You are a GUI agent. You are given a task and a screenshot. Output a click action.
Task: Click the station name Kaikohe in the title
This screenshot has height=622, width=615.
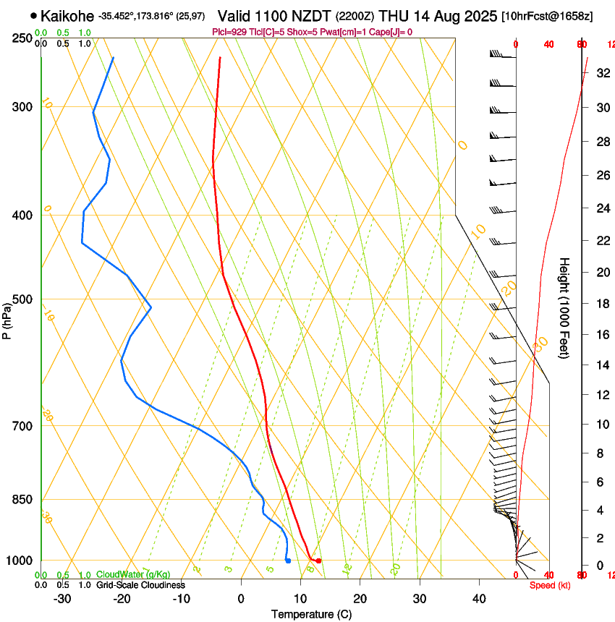[67, 15]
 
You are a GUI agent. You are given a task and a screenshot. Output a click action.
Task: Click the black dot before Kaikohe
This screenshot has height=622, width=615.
[34, 15]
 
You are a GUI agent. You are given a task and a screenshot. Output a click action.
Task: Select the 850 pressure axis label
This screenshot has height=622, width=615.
[22, 499]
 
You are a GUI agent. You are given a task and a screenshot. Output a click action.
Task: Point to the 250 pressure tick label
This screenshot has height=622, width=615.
[22, 38]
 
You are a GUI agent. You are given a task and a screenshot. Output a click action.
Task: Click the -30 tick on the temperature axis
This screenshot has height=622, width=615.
[62, 599]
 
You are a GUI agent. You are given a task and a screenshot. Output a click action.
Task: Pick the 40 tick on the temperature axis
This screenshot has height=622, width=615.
[479, 599]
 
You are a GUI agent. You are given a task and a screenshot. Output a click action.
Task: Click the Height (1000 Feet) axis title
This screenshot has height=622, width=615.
[564, 307]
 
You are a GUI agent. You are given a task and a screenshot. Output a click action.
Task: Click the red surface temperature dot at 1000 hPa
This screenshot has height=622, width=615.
[318, 561]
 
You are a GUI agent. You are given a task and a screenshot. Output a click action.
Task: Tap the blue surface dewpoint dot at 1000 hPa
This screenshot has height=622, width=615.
[288, 561]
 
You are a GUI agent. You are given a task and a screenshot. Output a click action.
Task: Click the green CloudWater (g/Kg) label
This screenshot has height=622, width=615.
[133, 575]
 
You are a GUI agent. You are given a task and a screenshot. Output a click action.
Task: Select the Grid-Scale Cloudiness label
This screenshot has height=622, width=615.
[140, 584]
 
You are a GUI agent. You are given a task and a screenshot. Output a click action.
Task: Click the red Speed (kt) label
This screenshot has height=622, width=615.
[550, 584]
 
